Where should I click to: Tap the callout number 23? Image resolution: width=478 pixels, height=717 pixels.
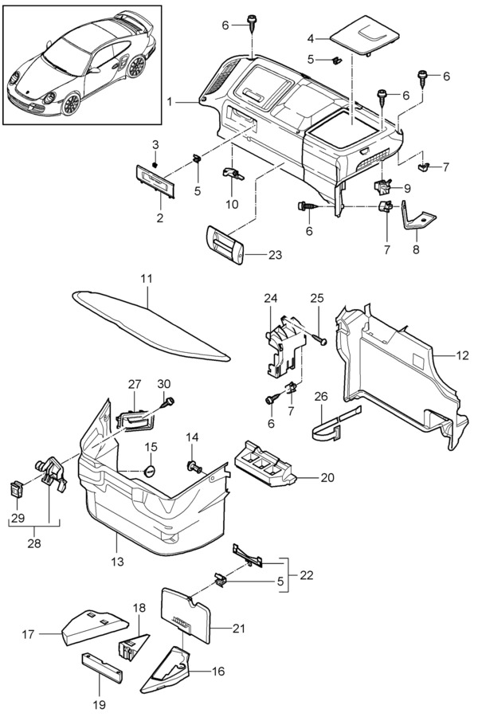click(x=253, y=257)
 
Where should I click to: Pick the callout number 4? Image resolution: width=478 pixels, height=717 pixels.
click(x=311, y=37)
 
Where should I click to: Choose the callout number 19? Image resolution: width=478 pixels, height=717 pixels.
click(x=100, y=704)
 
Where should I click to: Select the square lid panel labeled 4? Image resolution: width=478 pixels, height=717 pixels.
click(x=365, y=35)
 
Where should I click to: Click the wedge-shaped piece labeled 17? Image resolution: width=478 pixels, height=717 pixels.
click(x=92, y=625)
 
